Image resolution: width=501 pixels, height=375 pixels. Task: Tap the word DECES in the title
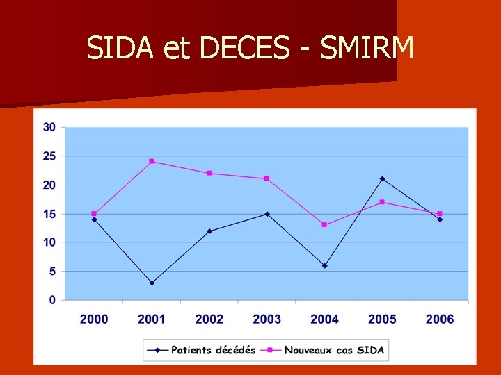click(244, 48)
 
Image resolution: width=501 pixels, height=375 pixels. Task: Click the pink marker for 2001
click(152, 161)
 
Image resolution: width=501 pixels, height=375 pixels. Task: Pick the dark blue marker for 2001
click(152, 283)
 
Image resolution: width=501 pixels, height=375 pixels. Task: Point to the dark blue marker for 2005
click(382, 178)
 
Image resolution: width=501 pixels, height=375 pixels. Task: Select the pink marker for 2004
click(324, 224)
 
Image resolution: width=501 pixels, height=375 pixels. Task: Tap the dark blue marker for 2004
click(324, 265)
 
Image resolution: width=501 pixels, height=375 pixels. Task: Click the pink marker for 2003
click(267, 178)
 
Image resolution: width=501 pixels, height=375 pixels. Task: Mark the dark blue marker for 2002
click(209, 231)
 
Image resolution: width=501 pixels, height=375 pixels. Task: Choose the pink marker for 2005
click(382, 202)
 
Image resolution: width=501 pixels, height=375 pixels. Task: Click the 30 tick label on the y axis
click(49, 127)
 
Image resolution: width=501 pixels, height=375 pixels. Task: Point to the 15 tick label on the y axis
click(49, 214)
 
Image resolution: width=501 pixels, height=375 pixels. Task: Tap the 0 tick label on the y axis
click(53, 300)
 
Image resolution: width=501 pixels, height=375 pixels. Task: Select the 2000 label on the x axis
click(94, 319)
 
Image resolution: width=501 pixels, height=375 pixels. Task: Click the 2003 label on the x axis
click(267, 319)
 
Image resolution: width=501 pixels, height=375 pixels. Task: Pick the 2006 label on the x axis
click(440, 319)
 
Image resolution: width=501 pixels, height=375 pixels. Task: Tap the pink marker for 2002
click(209, 173)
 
